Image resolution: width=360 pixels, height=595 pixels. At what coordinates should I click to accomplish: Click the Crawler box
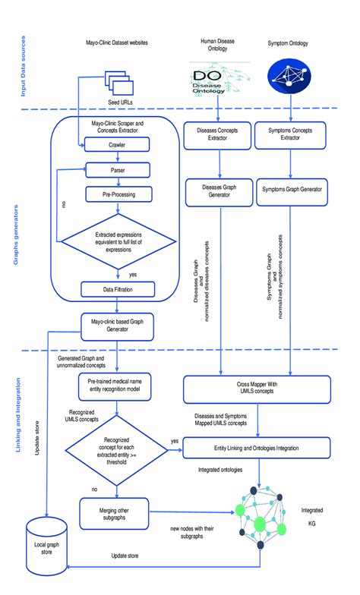[116, 144]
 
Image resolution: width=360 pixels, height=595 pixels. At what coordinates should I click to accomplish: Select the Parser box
[116, 168]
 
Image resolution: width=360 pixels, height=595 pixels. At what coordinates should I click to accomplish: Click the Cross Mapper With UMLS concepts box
[257, 391]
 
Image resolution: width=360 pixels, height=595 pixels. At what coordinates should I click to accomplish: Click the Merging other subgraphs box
[116, 512]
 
